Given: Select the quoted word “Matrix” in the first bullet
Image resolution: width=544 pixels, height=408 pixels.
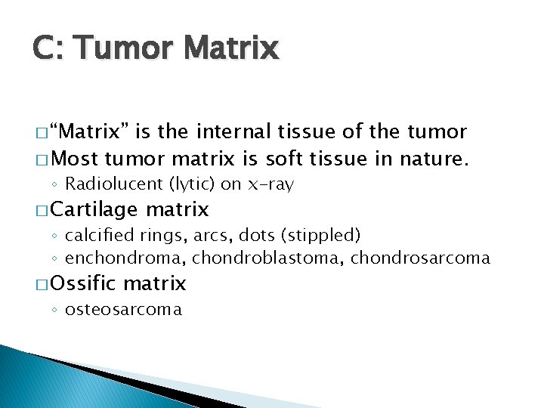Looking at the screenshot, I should click(90, 132).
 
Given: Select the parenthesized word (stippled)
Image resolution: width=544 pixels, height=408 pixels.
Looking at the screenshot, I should click(320, 235).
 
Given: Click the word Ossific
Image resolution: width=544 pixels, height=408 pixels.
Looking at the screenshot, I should click(85, 283).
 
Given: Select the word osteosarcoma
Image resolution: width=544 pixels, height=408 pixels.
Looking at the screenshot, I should click(124, 309).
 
